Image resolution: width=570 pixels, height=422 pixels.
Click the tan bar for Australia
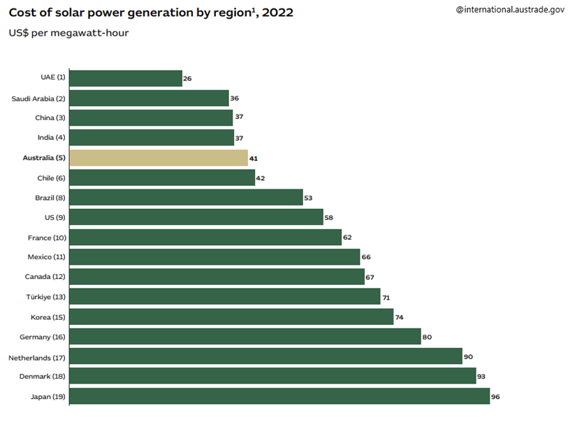click(159, 158)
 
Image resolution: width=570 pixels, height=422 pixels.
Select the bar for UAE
click(126, 78)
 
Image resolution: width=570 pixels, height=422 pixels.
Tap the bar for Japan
click(279, 396)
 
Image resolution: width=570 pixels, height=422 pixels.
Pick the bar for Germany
click(245, 337)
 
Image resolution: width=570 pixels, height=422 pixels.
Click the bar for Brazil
click(186, 198)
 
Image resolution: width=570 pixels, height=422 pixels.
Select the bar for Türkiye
click(225, 297)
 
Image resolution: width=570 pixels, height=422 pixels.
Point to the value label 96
click(496, 397)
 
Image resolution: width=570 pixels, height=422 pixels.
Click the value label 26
click(187, 79)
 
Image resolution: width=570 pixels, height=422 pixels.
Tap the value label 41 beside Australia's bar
click(254, 159)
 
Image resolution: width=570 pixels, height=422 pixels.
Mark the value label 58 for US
click(328, 218)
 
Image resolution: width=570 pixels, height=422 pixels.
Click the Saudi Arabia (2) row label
click(38, 99)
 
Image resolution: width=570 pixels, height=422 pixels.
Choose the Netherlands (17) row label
click(36, 357)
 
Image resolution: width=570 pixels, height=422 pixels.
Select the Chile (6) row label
click(51, 178)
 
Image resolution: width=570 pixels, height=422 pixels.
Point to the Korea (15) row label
click(48, 317)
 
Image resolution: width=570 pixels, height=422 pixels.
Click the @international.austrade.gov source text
click(509, 9)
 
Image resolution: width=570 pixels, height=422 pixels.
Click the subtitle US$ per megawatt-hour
click(68, 33)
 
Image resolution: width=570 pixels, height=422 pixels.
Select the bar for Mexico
click(214, 257)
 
